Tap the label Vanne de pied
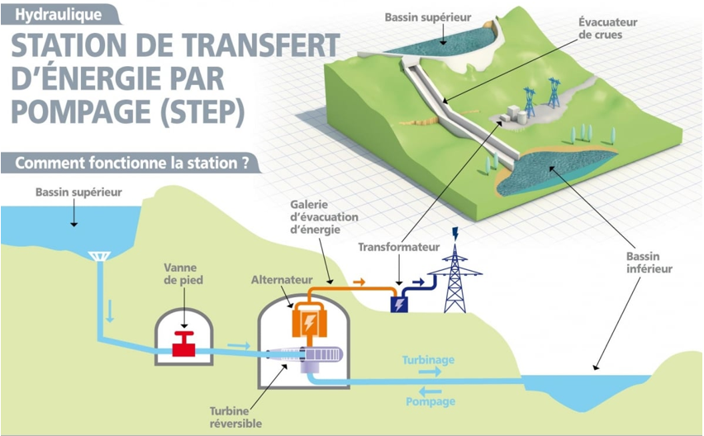[x=184, y=274]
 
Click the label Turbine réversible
[x=236, y=418]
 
